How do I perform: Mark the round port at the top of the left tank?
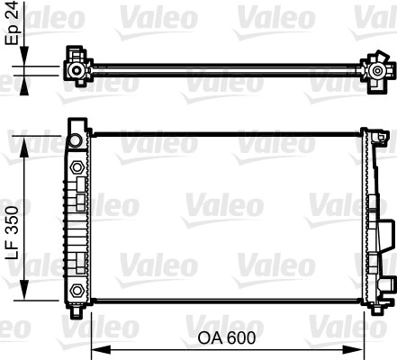(76, 141)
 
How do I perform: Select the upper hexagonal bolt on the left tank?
(77, 168)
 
